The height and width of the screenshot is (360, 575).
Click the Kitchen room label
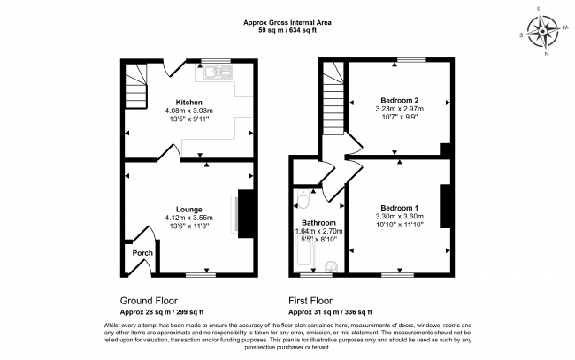(188, 103)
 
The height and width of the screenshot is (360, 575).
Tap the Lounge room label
(188, 210)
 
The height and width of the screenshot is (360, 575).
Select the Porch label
(142, 253)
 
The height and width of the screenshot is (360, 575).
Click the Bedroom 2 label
(399, 100)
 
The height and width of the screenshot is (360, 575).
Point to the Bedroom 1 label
(399, 208)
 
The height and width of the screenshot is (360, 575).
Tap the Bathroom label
(318, 223)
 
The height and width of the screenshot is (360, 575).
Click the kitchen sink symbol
(218, 73)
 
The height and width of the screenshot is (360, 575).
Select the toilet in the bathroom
(303, 199)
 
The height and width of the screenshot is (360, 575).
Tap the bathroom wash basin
(332, 266)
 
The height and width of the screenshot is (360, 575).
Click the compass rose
(543, 32)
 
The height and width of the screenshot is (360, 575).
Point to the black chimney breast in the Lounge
(246, 214)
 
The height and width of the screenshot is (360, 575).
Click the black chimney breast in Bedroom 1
(445, 206)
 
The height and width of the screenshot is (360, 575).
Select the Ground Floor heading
(149, 301)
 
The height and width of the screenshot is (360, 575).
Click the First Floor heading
(310, 301)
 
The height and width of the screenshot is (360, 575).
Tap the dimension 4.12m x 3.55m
(188, 218)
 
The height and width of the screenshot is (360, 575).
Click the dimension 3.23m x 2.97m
(399, 109)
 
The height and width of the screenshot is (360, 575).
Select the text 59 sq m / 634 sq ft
(287, 30)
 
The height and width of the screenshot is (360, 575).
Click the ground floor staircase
(136, 87)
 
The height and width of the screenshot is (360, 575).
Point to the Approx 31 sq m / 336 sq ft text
(330, 312)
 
